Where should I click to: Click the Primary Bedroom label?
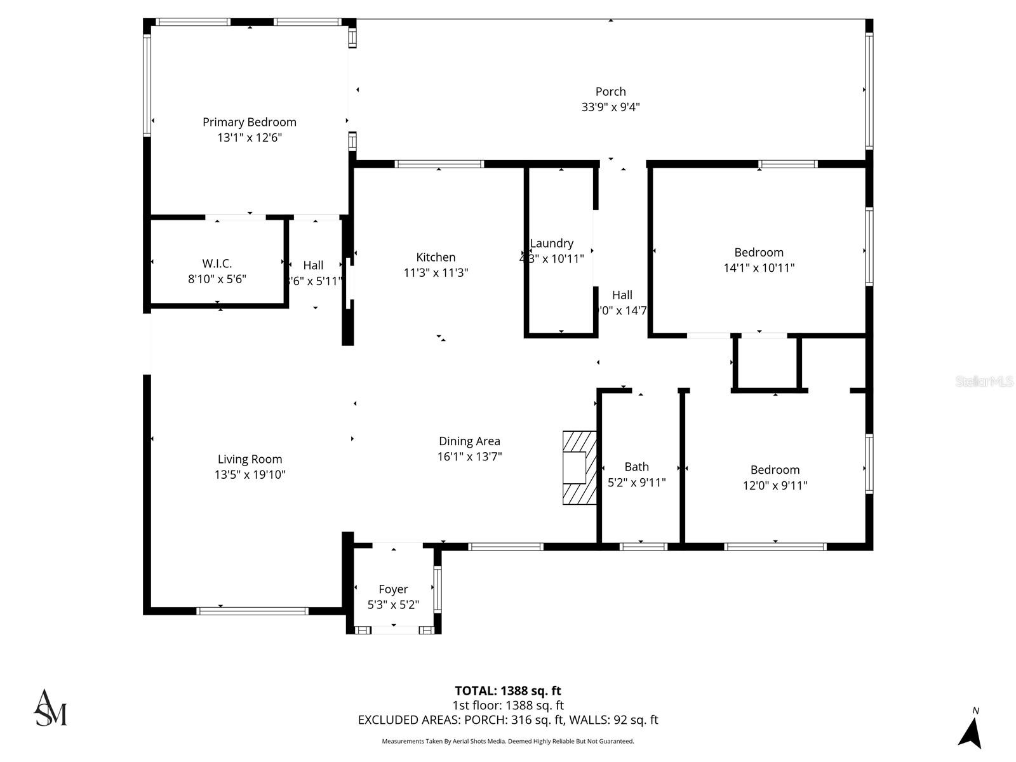(x=249, y=122)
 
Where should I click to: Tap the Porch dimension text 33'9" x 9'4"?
(x=610, y=107)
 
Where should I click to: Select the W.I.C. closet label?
(x=217, y=263)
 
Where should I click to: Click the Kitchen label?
(x=436, y=257)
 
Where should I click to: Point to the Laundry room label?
(x=551, y=243)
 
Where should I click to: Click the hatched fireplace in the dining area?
(x=579, y=468)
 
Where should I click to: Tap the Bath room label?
(x=636, y=467)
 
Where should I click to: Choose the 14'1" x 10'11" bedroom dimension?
(x=759, y=268)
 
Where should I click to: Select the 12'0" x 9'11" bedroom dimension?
(x=775, y=486)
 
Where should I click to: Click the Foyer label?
(x=393, y=589)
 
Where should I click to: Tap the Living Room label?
(x=250, y=459)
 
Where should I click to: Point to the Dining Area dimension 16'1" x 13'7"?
(x=469, y=457)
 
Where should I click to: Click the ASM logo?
(x=50, y=708)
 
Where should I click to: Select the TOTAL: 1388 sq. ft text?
(x=507, y=691)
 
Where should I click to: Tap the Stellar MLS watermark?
(x=984, y=381)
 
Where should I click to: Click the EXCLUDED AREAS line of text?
(x=507, y=720)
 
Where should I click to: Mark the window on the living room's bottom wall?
(x=252, y=611)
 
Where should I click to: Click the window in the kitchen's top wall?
(x=439, y=164)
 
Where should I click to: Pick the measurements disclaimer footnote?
(x=507, y=741)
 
